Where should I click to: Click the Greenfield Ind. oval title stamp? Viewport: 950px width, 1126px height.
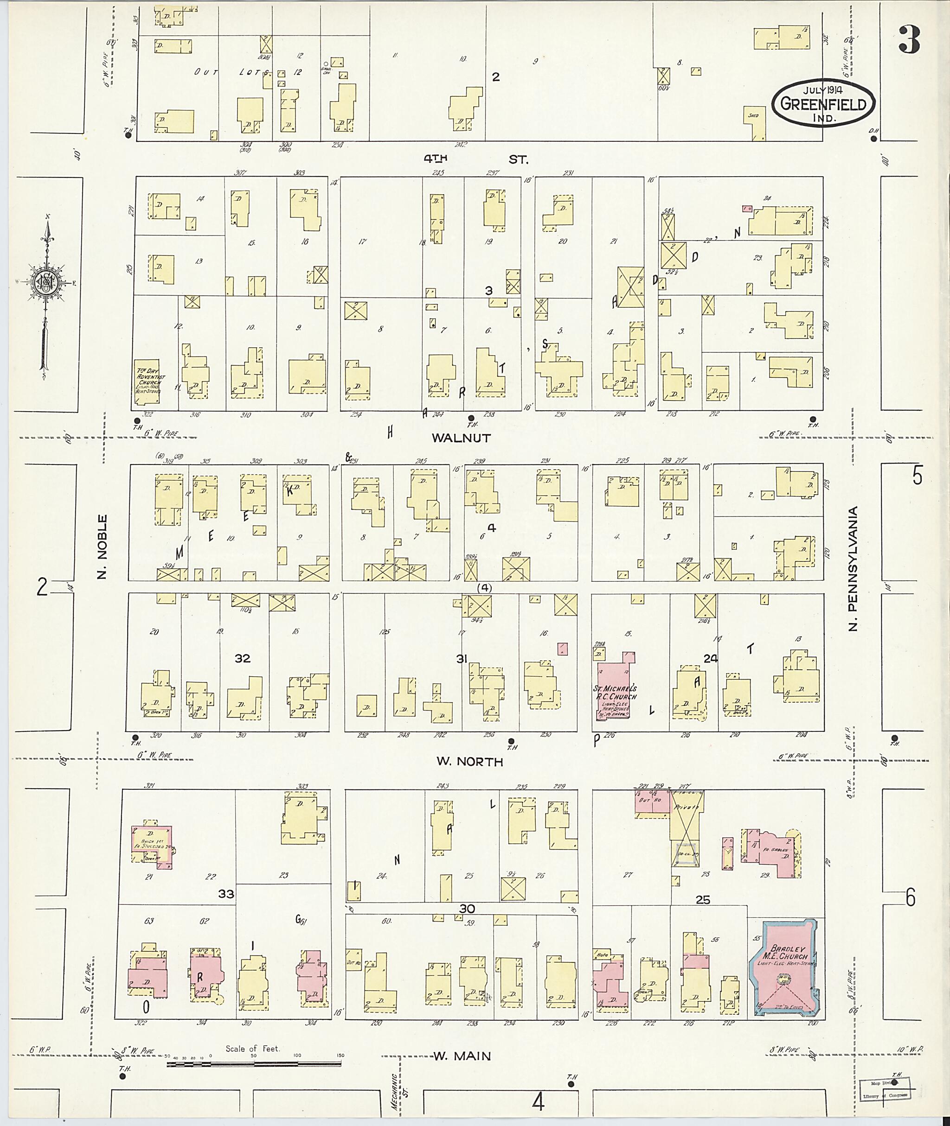point(823,103)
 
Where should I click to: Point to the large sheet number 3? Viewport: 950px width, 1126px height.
point(909,40)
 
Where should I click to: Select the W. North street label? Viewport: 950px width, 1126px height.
point(469,762)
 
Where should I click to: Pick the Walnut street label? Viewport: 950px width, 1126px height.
point(461,438)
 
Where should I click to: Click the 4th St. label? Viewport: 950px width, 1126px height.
point(475,159)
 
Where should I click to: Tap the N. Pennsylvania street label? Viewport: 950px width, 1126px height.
point(853,568)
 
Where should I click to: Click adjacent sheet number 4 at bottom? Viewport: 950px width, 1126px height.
point(538,1103)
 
